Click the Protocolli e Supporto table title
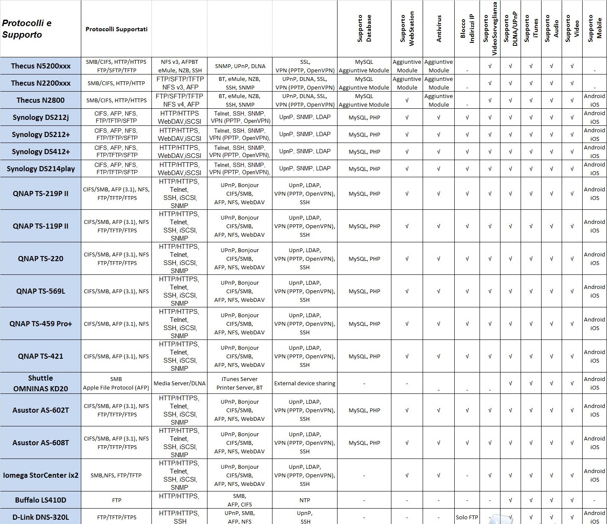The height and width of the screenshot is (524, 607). coord(27,29)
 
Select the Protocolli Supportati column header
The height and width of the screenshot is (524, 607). coord(116,29)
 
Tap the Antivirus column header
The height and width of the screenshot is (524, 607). coord(438,29)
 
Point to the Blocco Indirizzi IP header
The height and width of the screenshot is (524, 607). coord(467,29)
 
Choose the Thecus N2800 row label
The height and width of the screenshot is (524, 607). coord(41,100)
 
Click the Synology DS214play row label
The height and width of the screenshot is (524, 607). coord(41,169)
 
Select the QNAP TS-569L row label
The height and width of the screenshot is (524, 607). coord(41,291)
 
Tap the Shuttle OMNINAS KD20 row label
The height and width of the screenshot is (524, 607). coord(41,383)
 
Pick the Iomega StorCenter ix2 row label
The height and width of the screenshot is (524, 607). coord(41,475)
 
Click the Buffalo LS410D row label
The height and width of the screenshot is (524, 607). coord(41,500)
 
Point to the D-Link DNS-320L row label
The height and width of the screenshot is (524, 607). coord(41,517)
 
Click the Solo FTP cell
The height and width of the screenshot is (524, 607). coord(467,517)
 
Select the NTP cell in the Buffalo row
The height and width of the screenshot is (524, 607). coord(305,500)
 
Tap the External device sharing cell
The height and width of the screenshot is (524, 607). coord(305,383)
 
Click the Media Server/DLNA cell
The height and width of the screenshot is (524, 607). coord(179,383)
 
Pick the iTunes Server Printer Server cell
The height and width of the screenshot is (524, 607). coord(240,383)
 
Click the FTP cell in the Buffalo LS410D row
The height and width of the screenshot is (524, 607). coord(116,500)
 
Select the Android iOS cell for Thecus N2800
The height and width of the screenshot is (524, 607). coord(594,100)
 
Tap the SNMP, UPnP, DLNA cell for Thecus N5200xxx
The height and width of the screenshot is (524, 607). coord(240,66)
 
